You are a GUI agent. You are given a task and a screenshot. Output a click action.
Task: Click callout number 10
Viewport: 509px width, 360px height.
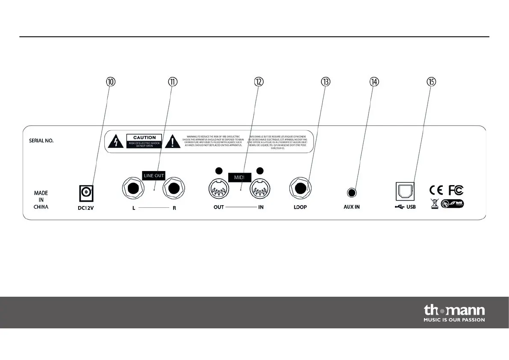(111, 82)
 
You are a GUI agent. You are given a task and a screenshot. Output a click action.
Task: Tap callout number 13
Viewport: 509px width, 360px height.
(326, 82)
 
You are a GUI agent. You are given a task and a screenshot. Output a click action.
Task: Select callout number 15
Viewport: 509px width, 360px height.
(431, 82)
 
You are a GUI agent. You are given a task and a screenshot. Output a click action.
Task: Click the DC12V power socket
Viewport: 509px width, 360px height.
(86, 193)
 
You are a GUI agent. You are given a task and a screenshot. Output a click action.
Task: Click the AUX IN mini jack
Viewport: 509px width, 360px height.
(352, 192)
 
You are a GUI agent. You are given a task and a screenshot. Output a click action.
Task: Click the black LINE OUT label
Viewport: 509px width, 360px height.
(153, 175)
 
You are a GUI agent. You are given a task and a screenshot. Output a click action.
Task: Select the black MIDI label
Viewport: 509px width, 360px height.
(238, 177)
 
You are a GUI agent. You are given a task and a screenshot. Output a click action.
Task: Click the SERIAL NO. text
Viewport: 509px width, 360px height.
(41, 140)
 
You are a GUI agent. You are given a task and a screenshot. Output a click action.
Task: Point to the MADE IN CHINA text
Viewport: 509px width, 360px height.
(41, 200)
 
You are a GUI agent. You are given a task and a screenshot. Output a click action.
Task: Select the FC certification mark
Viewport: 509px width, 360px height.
(456, 190)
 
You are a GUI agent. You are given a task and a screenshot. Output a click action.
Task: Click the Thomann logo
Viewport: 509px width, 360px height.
(454, 313)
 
